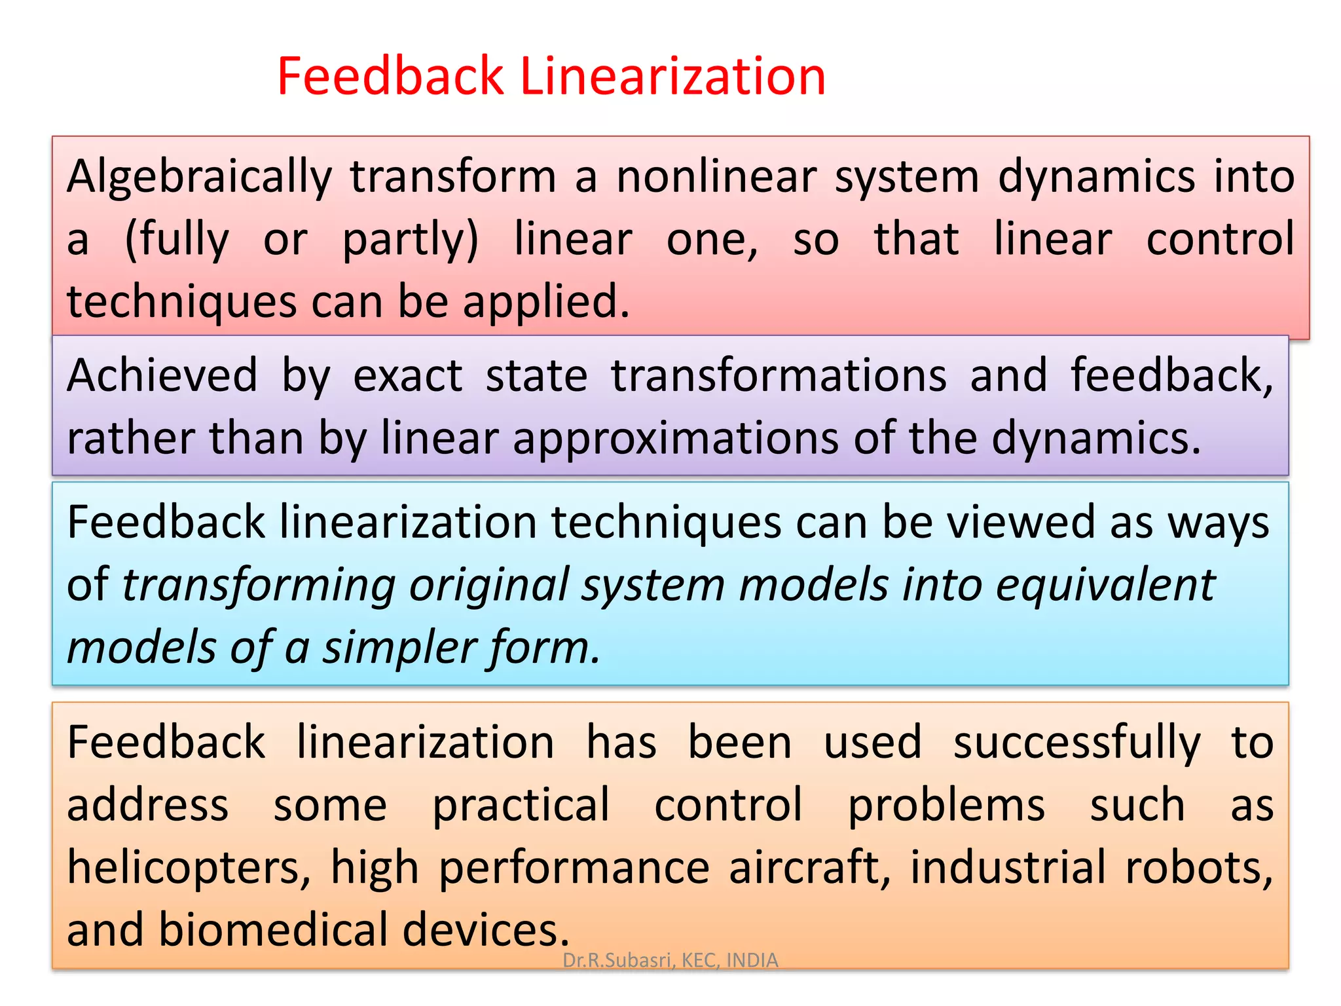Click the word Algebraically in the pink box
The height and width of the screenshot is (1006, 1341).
[200, 177]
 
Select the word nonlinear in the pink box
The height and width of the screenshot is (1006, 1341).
[716, 177]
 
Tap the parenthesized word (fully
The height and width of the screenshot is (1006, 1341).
[177, 240]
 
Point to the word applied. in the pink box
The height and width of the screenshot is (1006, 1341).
[546, 303]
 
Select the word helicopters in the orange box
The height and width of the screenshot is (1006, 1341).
[189, 867]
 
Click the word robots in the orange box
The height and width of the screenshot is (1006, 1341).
[1198, 867]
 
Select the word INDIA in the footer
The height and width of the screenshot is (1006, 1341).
[752, 960]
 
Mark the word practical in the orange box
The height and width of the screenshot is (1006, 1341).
[521, 805]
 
